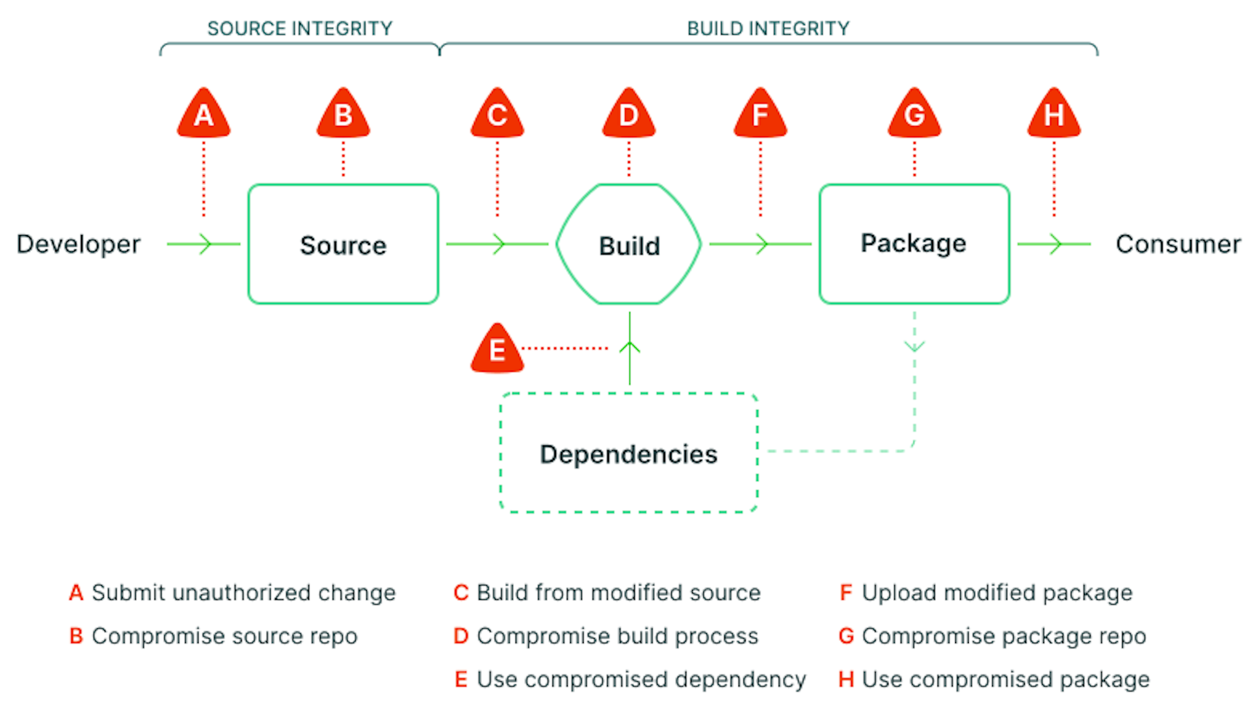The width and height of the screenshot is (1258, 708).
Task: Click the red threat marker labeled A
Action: (x=204, y=114)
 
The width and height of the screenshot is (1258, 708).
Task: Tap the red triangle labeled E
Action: (x=497, y=350)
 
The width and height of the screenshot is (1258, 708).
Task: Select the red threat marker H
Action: (x=1053, y=114)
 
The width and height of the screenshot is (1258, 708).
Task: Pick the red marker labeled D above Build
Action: (x=629, y=114)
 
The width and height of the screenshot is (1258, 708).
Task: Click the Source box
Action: (x=343, y=244)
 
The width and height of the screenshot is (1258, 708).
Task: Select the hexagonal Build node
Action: (x=629, y=244)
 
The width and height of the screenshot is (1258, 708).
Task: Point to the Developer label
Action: (x=78, y=244)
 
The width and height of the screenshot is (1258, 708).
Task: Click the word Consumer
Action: (x=1178, y=244)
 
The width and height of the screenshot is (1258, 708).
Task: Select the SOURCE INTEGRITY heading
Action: (x=300, y=29)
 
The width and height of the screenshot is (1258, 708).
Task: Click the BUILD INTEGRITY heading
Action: (x=768, y=29)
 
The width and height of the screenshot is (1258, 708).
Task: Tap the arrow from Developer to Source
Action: (x=204, y=244)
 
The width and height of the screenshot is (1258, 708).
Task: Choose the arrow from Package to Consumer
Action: (x=1054, y=244)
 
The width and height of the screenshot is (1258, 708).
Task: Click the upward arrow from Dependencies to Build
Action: (x=629, y=348)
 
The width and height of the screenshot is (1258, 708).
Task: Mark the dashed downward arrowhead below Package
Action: (x=914, y=347)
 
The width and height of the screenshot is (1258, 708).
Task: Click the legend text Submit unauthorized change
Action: (x=243, y=593)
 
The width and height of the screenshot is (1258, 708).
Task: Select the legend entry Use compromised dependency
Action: (x=641, y=679)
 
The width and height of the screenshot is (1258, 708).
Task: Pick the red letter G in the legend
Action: (x=846, y=636)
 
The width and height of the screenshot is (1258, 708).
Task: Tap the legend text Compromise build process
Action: (x=617, y=636)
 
